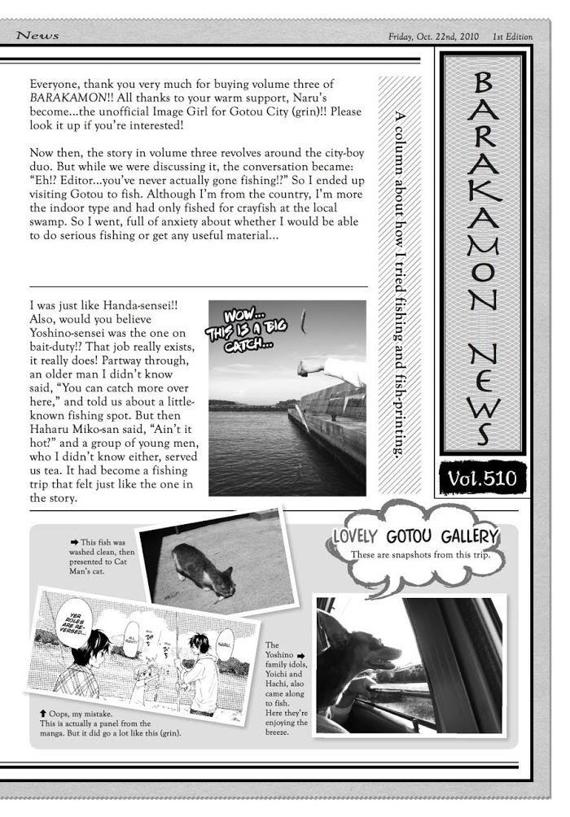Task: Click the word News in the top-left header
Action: [x=37, y=36]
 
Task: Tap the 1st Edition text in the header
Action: [x=511, y=37]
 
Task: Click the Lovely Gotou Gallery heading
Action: [x=414, y=536]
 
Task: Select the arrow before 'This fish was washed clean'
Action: [x=74, y=540]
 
